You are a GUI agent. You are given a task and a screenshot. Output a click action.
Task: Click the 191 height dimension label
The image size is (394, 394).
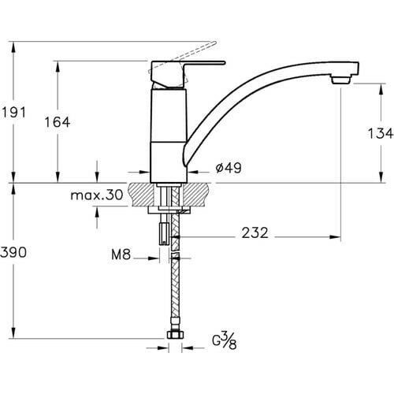13,113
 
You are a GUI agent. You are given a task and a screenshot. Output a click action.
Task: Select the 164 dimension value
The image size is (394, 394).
58,122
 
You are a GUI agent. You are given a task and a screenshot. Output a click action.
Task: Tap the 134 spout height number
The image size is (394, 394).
380,133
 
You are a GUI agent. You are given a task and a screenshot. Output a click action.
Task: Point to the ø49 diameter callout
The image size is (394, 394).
229,168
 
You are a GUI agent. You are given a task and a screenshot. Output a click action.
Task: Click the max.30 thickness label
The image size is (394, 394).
97,195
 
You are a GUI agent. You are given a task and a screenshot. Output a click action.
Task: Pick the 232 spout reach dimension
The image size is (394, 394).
255,232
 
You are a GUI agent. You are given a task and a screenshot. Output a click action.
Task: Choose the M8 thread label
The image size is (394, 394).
121,255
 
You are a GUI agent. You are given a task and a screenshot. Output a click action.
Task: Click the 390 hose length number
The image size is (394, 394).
13,252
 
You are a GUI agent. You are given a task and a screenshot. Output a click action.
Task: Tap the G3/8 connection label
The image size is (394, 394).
225,340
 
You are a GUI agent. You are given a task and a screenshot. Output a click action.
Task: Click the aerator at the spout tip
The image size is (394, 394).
340,79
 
